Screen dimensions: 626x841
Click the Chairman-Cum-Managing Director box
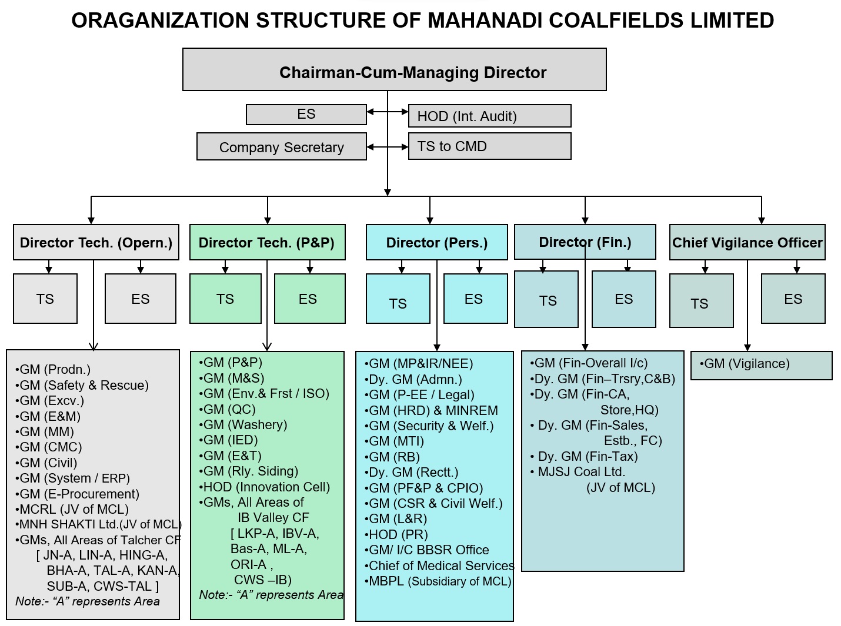point(394,70)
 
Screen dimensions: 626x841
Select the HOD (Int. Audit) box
point(489,116)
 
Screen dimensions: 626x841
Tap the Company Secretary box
point(281,147)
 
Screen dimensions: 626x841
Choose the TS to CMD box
point(489,146)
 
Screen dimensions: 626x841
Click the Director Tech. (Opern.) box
point(96,242)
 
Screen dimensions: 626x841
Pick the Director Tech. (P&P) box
point(267,242)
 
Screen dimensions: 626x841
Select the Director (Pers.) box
point(436,242)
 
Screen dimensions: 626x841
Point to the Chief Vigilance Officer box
point(747,242)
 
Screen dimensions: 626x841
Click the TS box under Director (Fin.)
point(546,300)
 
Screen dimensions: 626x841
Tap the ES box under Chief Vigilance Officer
point(793,299)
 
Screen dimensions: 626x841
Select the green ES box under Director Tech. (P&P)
point(309,299)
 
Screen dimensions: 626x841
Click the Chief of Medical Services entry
point(441,565)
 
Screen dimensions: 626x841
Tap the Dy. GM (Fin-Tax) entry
point(588,456)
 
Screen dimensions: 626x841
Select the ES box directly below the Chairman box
point(306,115)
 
